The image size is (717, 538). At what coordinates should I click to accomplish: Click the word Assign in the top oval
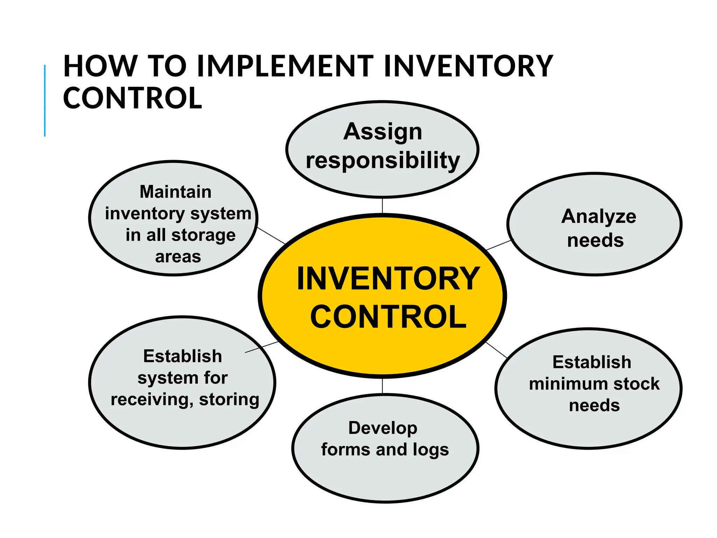[x=383, y=132]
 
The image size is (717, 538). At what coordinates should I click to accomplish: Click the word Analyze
[x=599, y=217]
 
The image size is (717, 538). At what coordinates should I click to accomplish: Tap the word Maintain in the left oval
[x=175, y=192]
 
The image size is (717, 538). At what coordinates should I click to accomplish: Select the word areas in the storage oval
[x=178, y=257]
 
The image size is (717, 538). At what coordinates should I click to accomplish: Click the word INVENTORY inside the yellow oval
[x=388, y=279]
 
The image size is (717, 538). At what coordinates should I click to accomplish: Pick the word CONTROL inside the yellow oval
[x=388, y=317]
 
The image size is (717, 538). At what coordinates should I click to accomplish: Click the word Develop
[x=383, y=428]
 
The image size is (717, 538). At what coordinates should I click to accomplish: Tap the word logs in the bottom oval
[x=430, y=450]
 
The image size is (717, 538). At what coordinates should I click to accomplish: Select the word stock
[x=636, y=384]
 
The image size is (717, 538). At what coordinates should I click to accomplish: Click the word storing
[x=229, y=400]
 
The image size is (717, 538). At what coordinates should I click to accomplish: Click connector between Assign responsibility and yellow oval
[x=382, y=206]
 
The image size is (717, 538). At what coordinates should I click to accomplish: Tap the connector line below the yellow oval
[x=382, y=386]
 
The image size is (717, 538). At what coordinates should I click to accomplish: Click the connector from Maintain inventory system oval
[x=271, y=235]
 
